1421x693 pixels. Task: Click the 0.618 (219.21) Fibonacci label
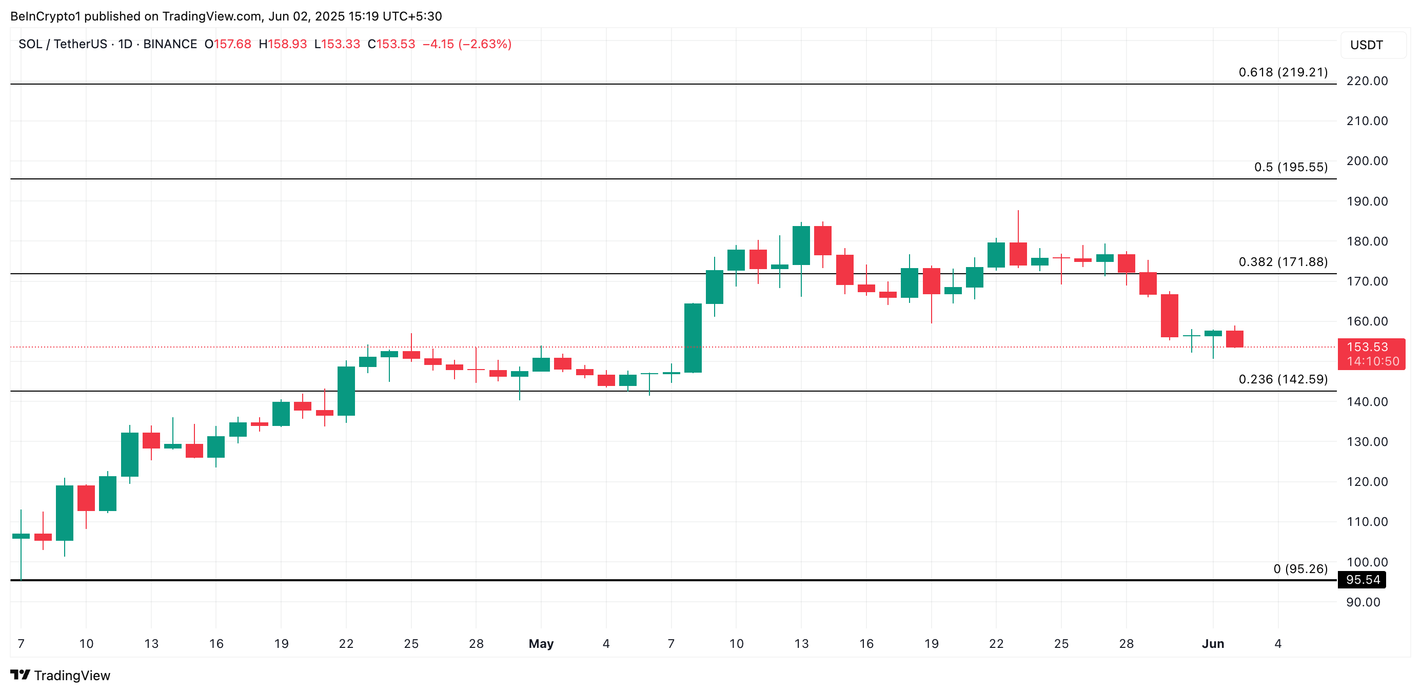point(1282,72)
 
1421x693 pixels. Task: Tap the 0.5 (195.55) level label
point(1290,167)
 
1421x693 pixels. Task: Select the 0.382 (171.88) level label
point(1282,262)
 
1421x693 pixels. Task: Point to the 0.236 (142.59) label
point(1282,379)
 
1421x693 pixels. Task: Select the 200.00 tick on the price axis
point(1367,161)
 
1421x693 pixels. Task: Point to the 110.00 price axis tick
point(1367,521)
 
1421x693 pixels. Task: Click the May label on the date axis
point(541,643)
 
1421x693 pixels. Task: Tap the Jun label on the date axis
point(1213,643)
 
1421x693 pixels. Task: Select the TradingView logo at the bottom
point(61,676)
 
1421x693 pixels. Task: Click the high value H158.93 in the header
point(283,44)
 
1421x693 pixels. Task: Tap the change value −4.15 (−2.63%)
point(467,44)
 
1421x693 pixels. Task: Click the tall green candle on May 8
point(693,338)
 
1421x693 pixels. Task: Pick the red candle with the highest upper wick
point(1018,254)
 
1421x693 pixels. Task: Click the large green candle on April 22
point(346,391)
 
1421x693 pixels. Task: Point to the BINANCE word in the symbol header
point(170,44)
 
